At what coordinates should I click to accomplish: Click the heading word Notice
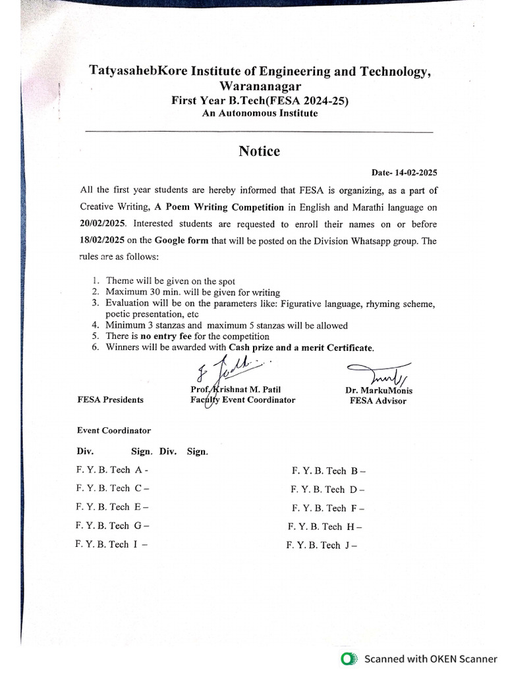(259, 151)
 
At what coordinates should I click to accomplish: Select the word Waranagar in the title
(260, 87)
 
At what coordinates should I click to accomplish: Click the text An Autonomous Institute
(260, 113)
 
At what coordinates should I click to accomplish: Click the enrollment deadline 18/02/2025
(102, 241)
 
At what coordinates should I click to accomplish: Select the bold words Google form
(181, 241)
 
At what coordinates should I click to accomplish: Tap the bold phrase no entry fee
(166, 336)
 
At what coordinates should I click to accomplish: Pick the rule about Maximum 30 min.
(192, 292)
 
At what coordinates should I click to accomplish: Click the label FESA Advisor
(378, 401)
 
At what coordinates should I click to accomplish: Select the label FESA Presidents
(110, 400)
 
